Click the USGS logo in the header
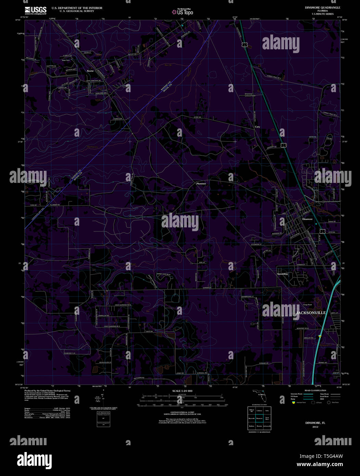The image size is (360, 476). point(36,10)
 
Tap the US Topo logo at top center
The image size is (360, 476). point(183,12)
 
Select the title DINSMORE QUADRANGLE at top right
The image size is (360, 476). point(318,8)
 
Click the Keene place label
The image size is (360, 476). point(90,71)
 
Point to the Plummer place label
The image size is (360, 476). point(201,184)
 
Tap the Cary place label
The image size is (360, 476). point(257,127)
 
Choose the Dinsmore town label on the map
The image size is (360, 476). point(307,219)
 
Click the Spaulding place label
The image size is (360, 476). point(282,274)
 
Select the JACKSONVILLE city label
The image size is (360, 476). point(311,313)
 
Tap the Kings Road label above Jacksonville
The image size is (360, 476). point(307,305)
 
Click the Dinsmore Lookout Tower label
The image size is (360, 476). point(250,95)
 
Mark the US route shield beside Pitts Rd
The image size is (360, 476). point(322,232)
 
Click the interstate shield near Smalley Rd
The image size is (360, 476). point(319,336)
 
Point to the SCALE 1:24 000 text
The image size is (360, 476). point(182,391)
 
